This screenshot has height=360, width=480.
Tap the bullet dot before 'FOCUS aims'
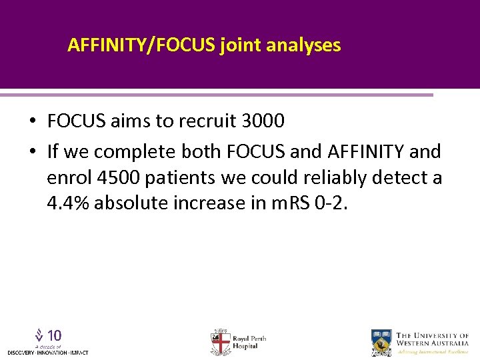pyautogui.click(x=32, y=122)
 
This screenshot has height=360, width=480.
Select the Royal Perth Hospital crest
pyautogui.click(x=220, y=342)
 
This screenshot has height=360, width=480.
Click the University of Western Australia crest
pyautogui.click(x=381, y=342)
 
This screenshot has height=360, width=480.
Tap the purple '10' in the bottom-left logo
pyautogui.click(x=55, y=335)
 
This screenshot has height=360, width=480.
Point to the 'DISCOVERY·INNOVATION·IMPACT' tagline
pyautogui.click(x=47, y=352)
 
